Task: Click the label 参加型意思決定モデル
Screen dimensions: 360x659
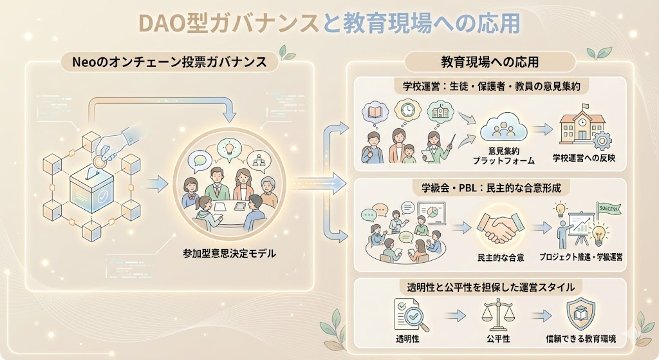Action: [x=229, y=254]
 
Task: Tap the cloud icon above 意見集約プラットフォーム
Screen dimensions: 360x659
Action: [x=499, y=128]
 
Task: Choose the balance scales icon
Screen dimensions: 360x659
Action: [x=496, y=313]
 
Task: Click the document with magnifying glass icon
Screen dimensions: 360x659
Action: [x=407, y=314]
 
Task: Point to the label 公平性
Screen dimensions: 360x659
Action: [x=496, y=338]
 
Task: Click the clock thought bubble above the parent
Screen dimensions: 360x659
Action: [x=407, y=111]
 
